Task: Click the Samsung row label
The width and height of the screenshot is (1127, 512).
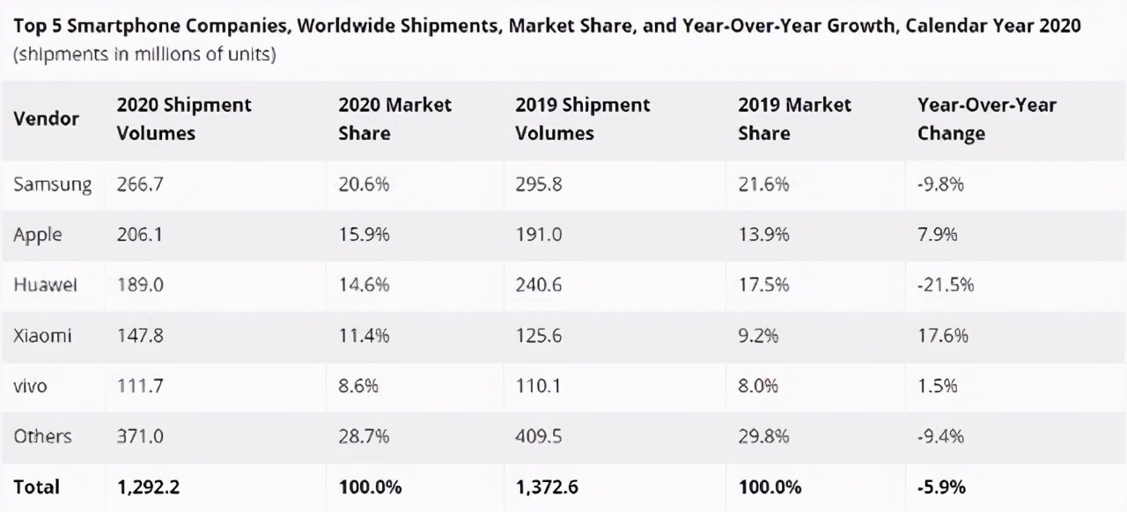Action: (52, 185)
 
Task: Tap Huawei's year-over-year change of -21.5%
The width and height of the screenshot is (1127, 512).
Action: (945, 285)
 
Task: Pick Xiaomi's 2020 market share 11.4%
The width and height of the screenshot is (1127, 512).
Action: (364, 336)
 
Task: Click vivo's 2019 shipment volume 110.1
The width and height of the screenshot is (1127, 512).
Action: (537, 386)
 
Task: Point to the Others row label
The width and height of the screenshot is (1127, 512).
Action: (42, 436)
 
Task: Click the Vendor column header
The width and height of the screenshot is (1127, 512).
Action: (46, 119)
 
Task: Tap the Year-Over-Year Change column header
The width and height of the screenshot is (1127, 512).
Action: (986, 119)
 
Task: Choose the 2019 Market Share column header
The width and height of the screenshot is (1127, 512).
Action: (794, 119)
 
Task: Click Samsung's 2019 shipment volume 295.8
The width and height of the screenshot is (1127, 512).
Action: (539, 185)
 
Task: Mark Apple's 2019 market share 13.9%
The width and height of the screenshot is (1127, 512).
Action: (763, 235)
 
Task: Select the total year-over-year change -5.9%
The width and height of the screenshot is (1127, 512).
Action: (941, 486)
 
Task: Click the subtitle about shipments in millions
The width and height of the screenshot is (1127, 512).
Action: (144, 55)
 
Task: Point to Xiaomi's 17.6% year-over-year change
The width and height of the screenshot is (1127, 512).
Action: (942, 336)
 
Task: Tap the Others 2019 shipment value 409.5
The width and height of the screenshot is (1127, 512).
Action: (539, 436)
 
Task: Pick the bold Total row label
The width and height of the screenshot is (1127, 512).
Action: (36, 486)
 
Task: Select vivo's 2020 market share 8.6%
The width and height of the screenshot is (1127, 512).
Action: (359, 386)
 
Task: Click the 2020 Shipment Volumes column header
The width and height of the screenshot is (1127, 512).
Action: (183, 119)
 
